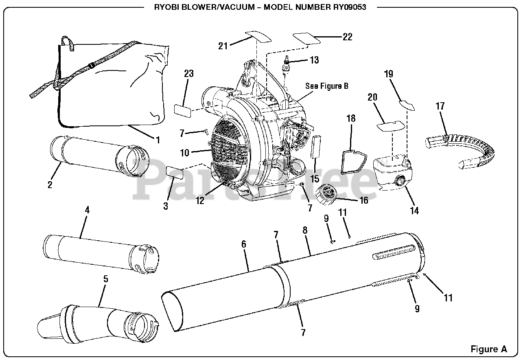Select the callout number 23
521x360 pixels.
click(188, 74)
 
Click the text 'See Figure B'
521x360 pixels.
click(327, 86)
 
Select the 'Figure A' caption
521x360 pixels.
click(488, 349)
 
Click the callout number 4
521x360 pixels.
click(87, 210)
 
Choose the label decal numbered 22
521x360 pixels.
click(307, 37)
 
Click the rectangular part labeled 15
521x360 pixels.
click(316, 147)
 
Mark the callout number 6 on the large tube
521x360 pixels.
click(243, 244)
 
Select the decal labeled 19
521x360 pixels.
click(407, 104)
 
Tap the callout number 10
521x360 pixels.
click(185, 153)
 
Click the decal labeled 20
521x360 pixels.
click(390, 126)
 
